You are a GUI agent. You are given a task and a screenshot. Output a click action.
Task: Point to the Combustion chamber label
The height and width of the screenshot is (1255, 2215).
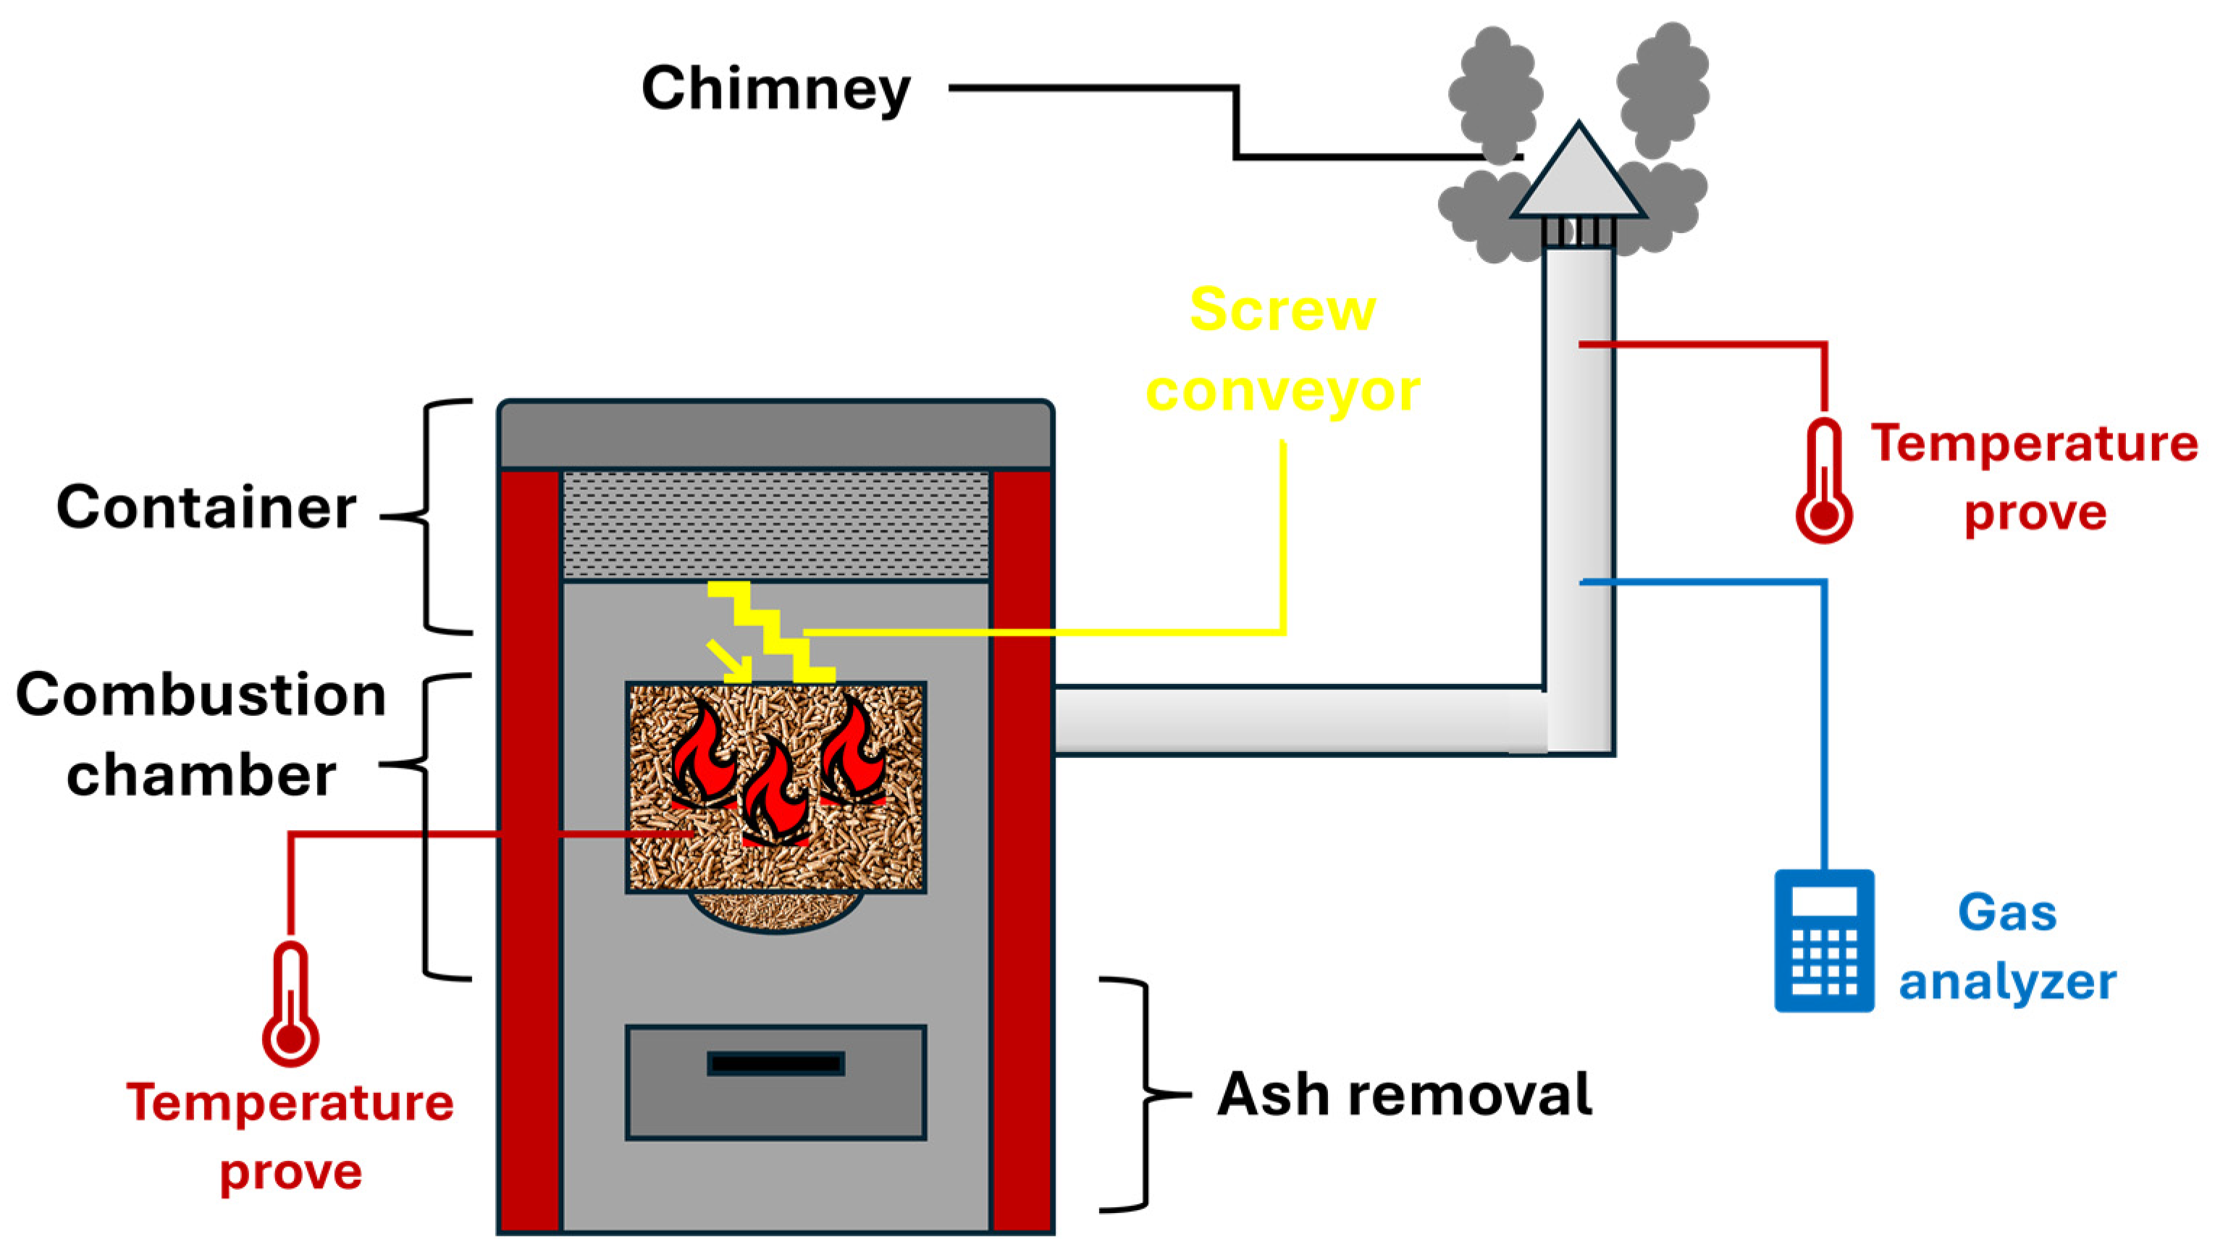[201, 735]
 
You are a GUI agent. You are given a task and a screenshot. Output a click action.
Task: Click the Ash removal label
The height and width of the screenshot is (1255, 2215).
[1405, 1094]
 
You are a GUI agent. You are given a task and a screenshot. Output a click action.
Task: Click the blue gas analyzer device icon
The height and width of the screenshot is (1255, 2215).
[1823, 940]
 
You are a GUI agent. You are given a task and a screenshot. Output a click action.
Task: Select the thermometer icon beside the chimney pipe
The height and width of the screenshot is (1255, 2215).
[1823, 483]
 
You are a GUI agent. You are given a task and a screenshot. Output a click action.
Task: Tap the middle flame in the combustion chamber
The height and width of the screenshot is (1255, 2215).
[775, 793]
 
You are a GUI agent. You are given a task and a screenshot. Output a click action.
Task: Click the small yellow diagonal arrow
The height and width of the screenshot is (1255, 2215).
[728, 660]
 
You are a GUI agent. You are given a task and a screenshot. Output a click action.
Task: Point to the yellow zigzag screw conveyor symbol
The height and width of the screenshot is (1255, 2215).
[772, 631]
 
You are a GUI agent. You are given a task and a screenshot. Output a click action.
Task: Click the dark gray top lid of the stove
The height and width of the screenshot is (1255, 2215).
[775, 435]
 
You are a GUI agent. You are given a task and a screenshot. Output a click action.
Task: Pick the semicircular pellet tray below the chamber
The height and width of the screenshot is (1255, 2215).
[775, 912]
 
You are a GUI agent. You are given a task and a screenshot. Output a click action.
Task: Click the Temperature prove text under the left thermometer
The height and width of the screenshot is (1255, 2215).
[290, 1136]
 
